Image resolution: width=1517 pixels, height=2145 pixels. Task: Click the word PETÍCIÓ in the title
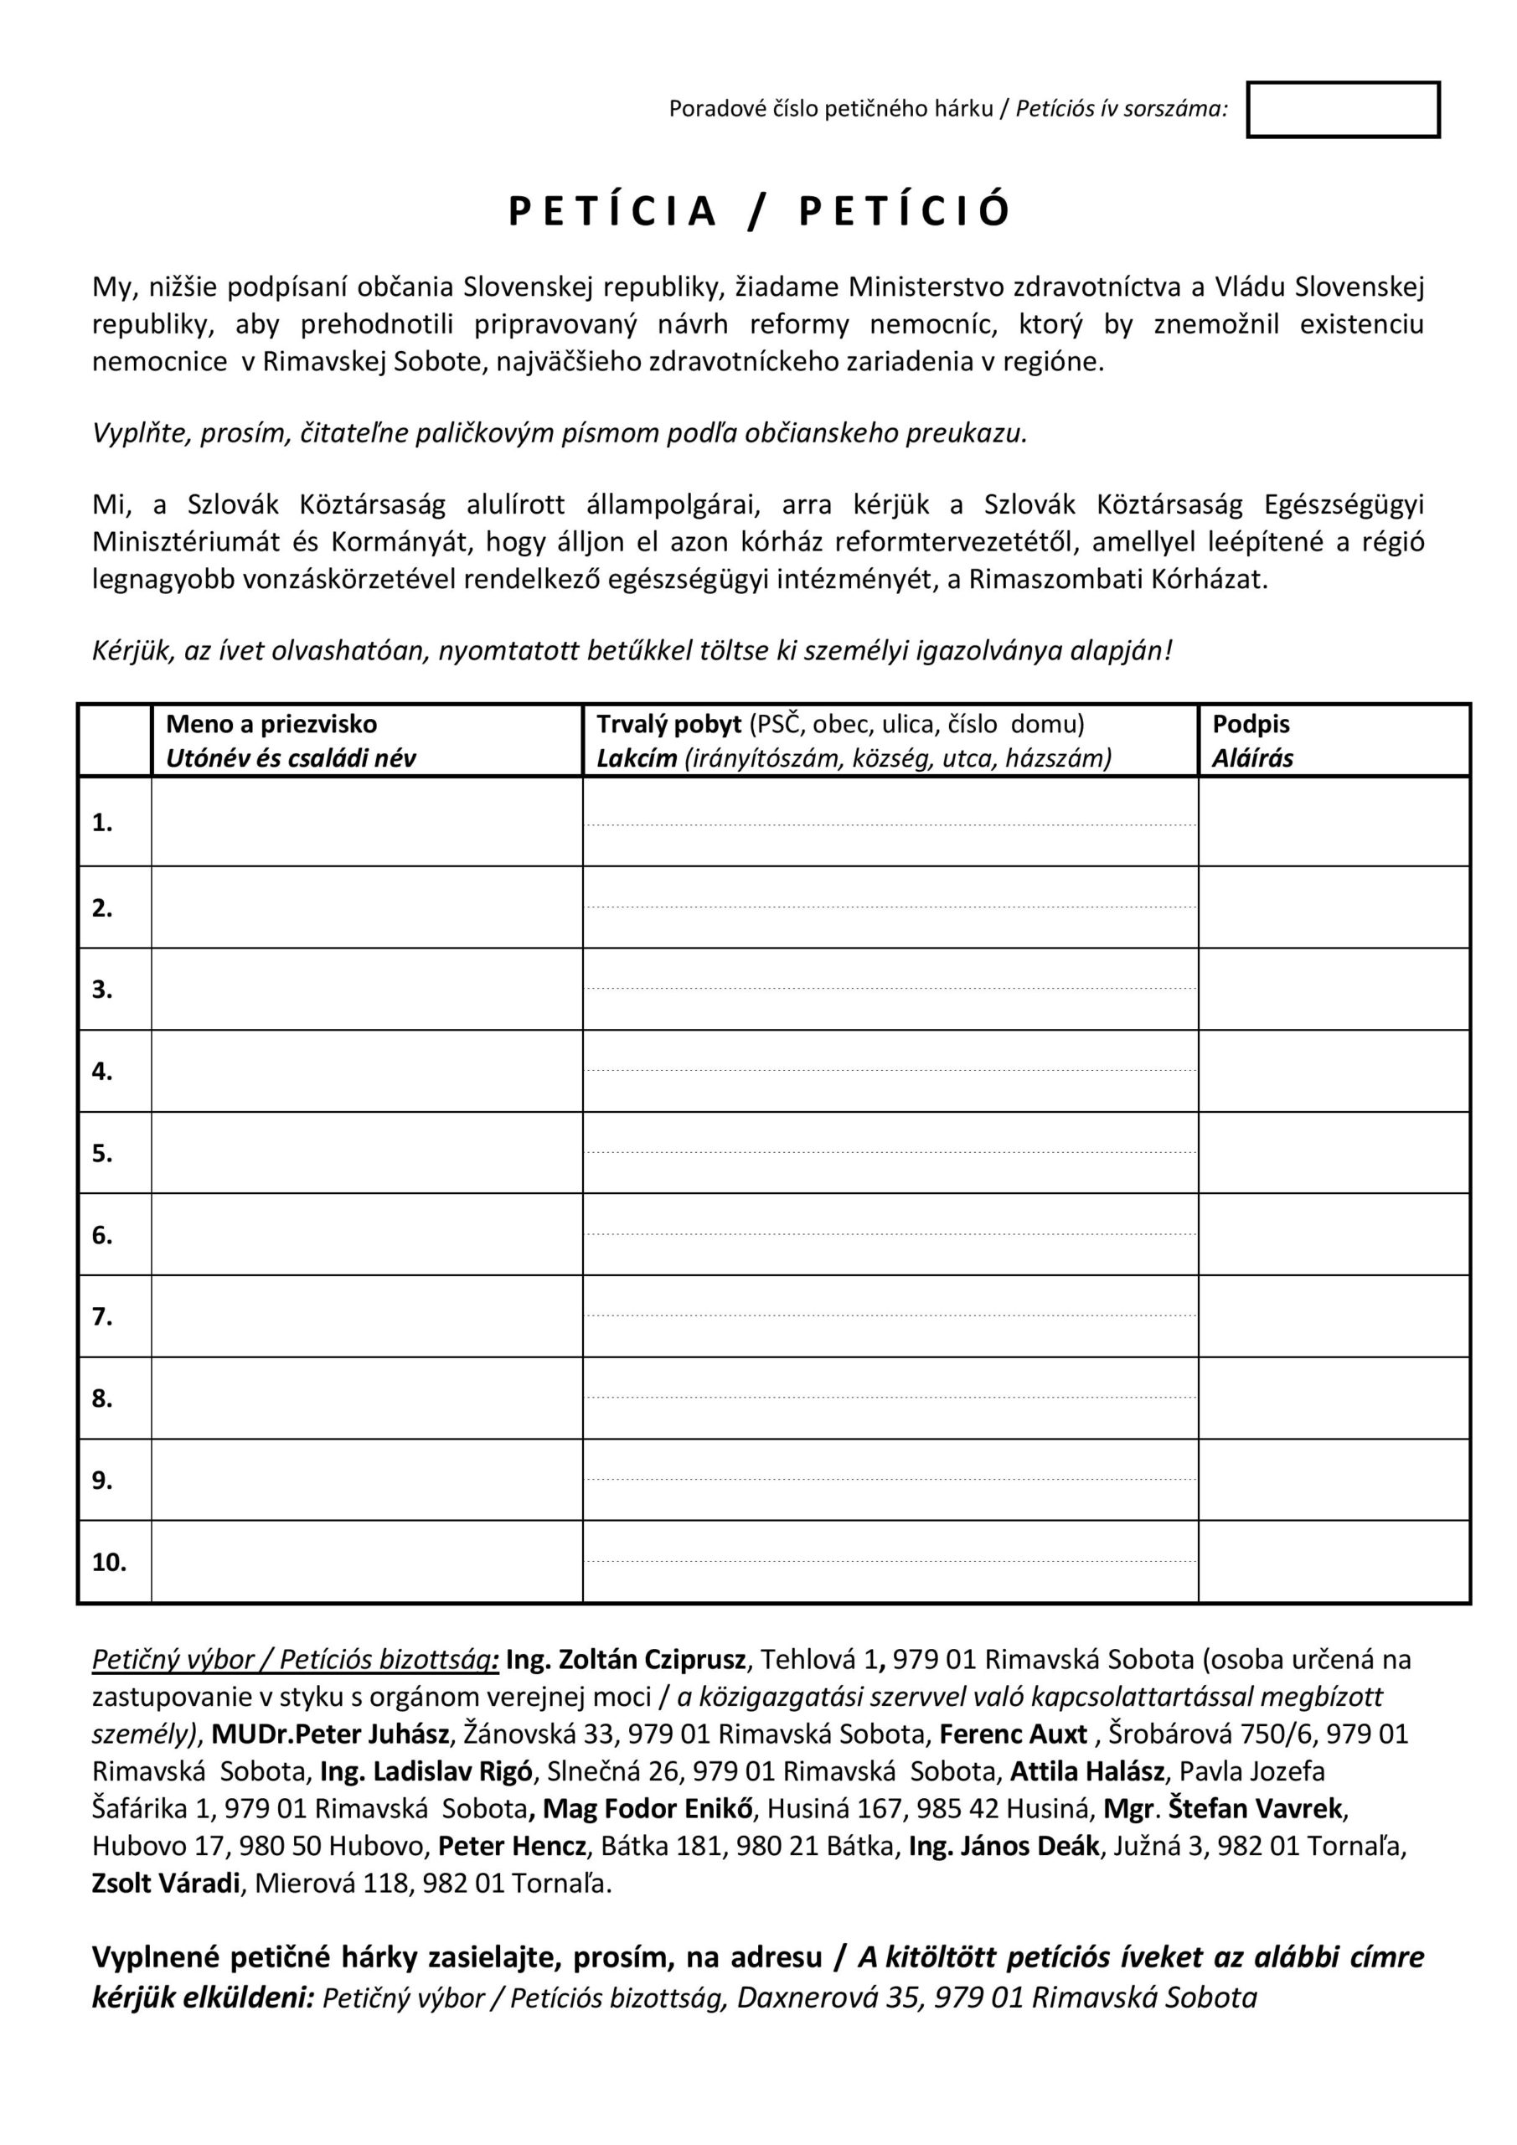click(x=904, y=211)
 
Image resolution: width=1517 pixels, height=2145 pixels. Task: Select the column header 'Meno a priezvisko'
click(x=271, y=724)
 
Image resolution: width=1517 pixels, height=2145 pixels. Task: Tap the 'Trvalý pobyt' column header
click(x=668, y=724)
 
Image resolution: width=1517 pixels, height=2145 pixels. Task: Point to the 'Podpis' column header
click(x=1251, y=724)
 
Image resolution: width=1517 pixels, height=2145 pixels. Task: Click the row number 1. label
click(x=102, y=823)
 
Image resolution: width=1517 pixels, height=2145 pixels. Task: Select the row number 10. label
click(x=108, y=1562)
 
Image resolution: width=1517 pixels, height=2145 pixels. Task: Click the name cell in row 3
click(x=366, y=989)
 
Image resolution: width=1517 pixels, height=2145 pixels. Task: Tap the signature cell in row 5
click(x=1333, y=1152)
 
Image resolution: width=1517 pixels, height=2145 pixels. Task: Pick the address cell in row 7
click(x=890, y=1315)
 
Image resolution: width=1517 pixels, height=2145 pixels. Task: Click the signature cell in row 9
click(x=1333, y=1480)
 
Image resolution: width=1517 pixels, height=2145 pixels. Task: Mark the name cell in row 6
click(x=366, y=1234)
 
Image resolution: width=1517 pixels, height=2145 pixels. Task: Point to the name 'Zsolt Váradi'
click(x=166, y=1884)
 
